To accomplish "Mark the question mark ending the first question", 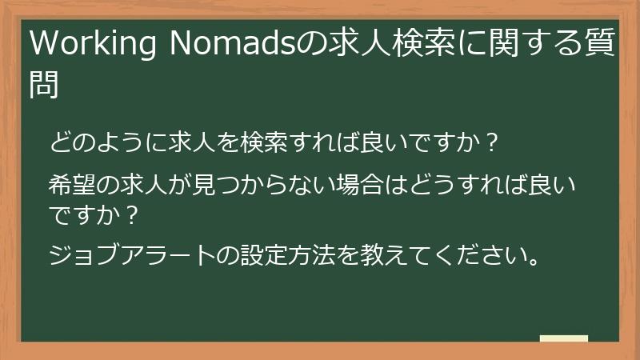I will pyautogui.click(x=494, y=145).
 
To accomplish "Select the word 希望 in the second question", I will pyautogui.click(x=74, y=189).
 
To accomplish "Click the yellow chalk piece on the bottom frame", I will pyautogui.click(x=564, y=338).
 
